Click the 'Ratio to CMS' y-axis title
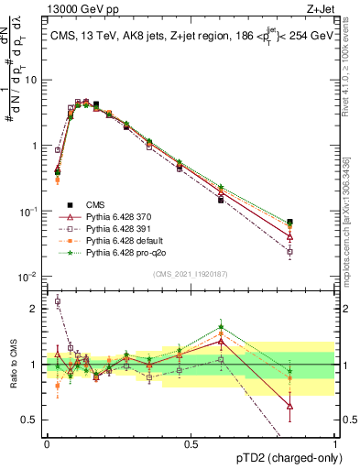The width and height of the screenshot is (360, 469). click(11, 365)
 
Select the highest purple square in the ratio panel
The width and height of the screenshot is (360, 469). click(58, 300)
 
